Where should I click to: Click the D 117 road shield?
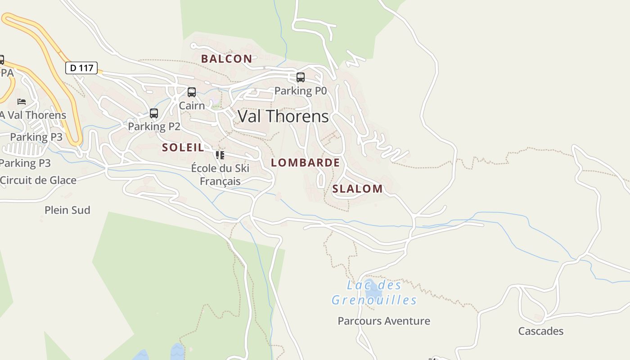tap(81, 68)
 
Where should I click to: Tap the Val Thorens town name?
tap(283, 117)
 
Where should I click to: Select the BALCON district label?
tap(226, 58)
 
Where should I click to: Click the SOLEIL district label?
tap(183, 147)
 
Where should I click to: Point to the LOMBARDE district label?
tap(306, 162)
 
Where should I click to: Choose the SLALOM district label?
tap(357, 189)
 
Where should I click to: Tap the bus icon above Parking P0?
tap(301, 77)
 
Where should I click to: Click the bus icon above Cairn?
tap(192, 92)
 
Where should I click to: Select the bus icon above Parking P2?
tap(154, 113)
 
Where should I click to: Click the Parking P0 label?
tap(300, 91)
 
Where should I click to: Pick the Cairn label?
tap(192, 106)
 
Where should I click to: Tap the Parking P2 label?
tap(154, 127)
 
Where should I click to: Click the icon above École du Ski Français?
tap(220, 155)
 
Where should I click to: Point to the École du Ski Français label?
tap(220, 175)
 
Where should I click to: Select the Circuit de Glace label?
tap(38, 180)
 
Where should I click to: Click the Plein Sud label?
tap(67, 210)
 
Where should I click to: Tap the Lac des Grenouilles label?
tap(374, 292)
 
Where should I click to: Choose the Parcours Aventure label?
tap(384, 321)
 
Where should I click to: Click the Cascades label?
tap(540, 331)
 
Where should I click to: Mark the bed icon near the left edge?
tap(22, 102)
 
